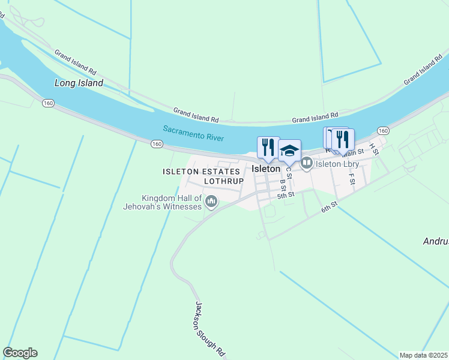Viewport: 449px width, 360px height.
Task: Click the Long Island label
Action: pos(79,83)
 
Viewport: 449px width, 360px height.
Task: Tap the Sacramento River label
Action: pos(193,133)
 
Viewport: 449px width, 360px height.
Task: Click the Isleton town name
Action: pos(266,169)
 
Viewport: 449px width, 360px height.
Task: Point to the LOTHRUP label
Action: pos(224,181)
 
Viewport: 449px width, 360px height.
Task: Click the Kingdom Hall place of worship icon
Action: pos(211,202)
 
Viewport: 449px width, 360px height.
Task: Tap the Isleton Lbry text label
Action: pos(337,164)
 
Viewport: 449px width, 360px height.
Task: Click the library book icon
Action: pos(307,163)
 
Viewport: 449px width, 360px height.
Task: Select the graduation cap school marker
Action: pos(289,150)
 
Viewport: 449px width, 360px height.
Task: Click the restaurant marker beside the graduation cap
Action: pos(268,147)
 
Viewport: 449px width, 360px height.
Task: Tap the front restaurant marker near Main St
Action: pos(343,139)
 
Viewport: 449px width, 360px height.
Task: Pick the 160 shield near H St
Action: pos(384,131)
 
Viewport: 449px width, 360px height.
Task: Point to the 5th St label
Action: pos(286,195)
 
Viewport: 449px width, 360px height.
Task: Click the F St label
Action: pos(352,179)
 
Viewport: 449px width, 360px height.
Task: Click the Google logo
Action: pos(20,353)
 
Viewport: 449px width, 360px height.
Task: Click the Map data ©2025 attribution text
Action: pos(424,355)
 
